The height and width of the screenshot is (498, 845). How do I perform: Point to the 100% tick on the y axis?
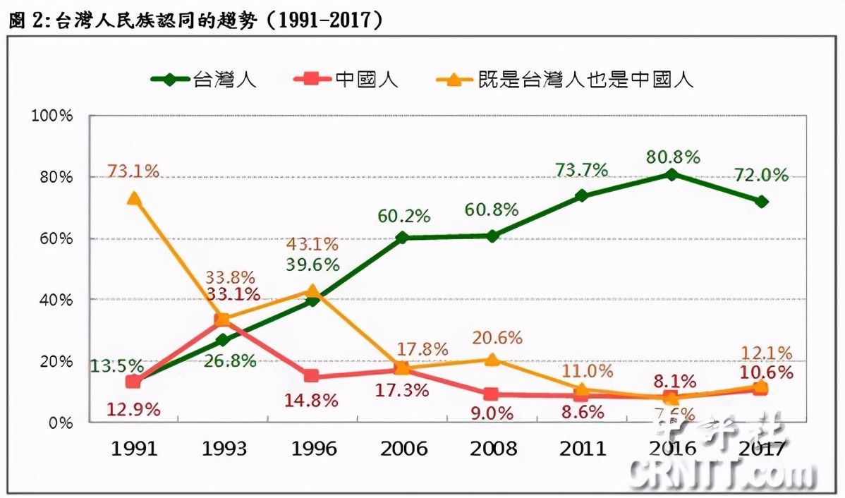coord(53,115)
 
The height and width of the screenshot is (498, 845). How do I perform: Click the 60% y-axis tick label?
coord(57,238)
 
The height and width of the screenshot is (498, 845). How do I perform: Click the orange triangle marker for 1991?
coord(133,199)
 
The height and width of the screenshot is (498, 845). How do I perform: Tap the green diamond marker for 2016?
coord(671,174)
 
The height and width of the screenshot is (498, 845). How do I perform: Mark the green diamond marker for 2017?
coord(761,202)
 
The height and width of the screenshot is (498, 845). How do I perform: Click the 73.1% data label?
coord(133,171)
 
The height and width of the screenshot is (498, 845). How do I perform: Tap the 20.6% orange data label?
coord(496,338)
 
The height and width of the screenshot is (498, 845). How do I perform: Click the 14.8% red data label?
coord(312,400)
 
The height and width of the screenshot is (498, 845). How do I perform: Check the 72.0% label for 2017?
coord(762,176)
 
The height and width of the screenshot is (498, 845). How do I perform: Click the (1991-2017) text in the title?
coord(326,20)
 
